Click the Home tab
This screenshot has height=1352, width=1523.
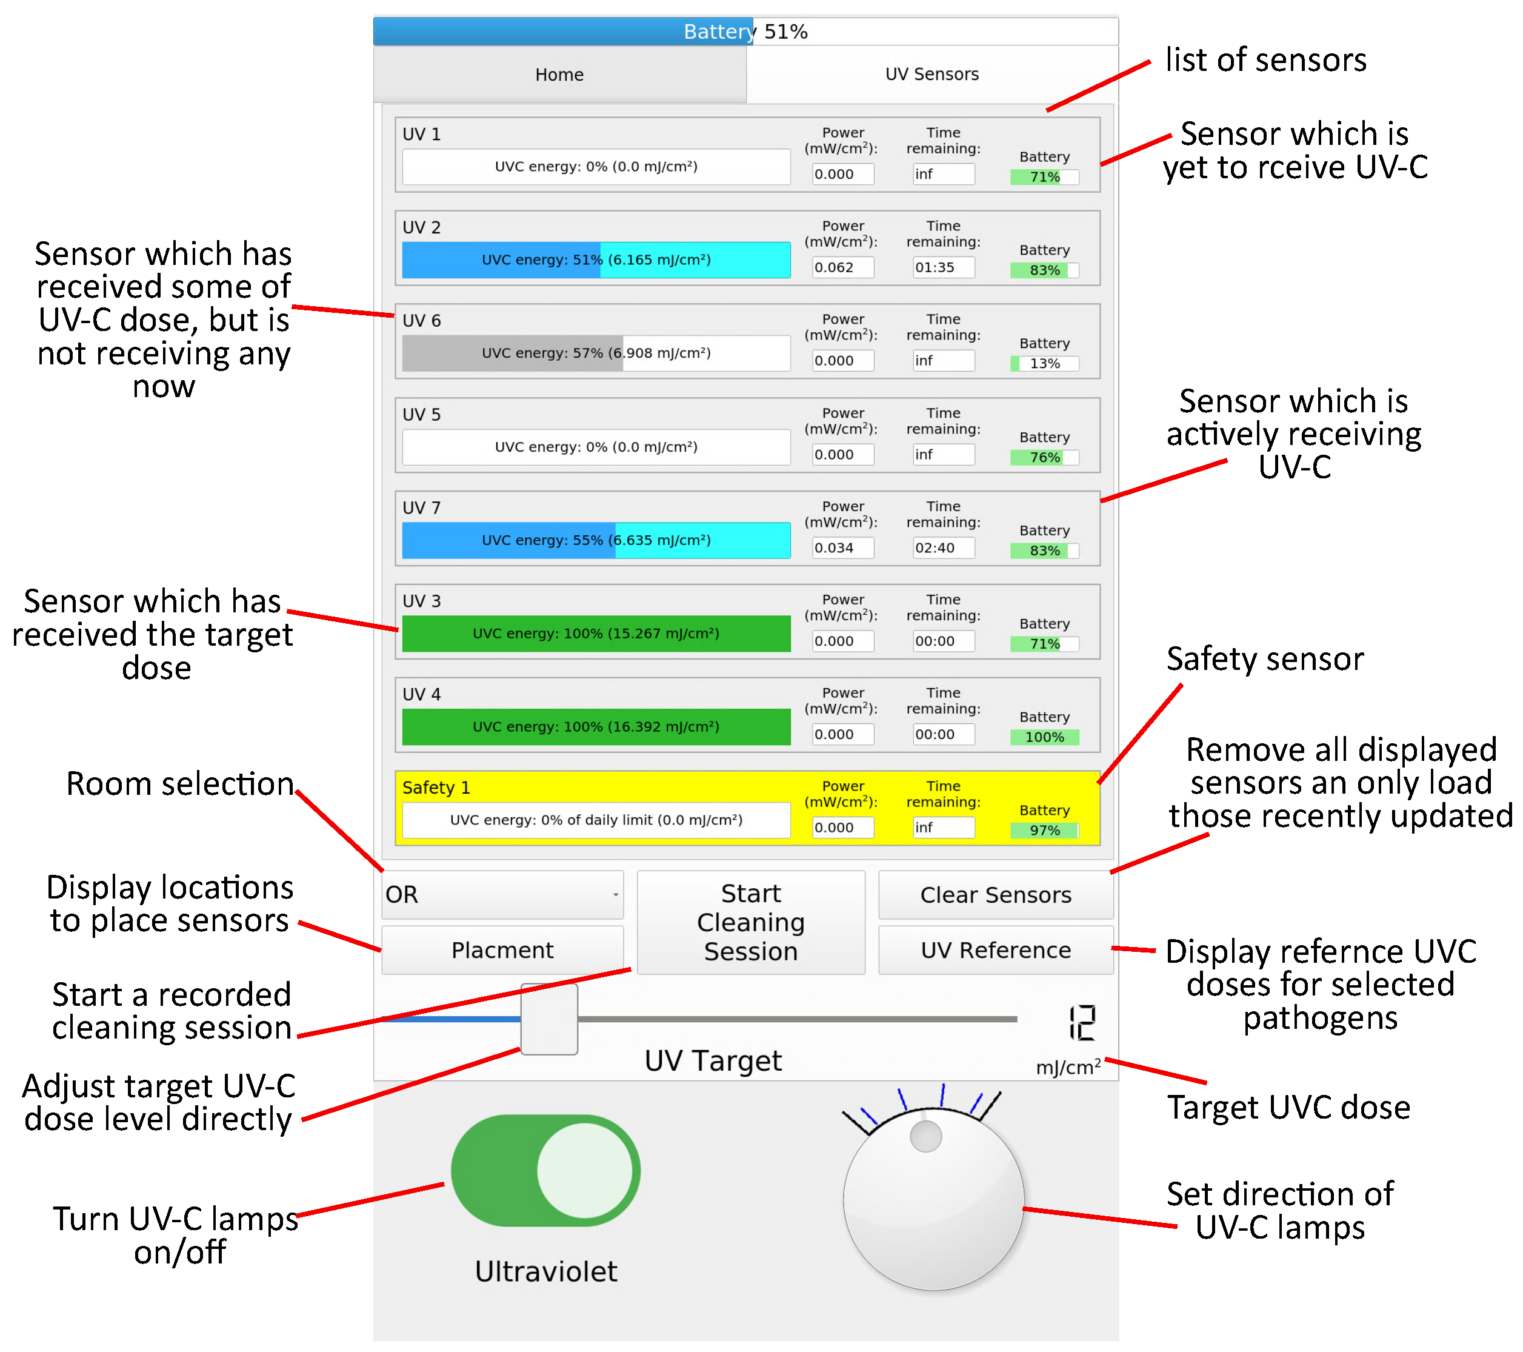(559, 75)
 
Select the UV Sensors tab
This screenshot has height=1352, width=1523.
(931, 75)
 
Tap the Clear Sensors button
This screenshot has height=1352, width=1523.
(996, 894)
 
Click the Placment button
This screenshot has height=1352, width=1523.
(502, 950)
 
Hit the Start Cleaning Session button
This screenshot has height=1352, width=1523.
(750, 922)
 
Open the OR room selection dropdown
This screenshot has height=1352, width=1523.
(502, 894)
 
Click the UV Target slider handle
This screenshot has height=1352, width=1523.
(549, 1019)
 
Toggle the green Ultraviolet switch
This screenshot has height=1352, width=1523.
(545, 1170)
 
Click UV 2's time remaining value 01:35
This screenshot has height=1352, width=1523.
(942, 267)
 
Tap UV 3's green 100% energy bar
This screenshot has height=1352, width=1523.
(596, 634)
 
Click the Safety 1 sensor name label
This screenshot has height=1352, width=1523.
(436, 788)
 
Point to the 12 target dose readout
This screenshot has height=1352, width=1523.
(1082, 1023)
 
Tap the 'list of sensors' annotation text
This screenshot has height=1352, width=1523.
(1265, 59)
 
